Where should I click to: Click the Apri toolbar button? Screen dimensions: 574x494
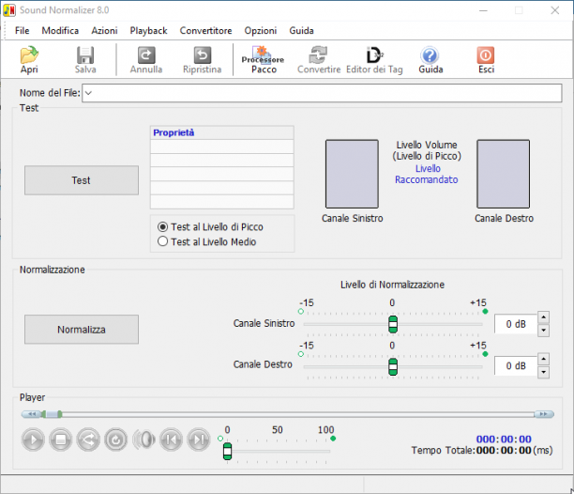pyautogui.click(x=29, y=60)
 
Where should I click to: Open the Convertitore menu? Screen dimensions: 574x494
pyautogui.click(x=205, y=31)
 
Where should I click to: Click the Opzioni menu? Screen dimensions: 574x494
pyautogui.click(x=261, y=31)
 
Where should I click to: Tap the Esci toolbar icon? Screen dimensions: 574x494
pyautogui.click(x=486, y=60)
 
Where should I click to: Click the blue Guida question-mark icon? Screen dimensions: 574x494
pyautogui.click(x=430, y=55)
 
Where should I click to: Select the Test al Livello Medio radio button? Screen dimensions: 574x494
pyautogui.click(x=162, y=241)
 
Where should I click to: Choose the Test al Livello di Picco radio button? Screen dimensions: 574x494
pyautogui.click(x=162, y=227)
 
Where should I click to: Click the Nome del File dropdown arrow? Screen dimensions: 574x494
pyautogui.click(x=88, y=93)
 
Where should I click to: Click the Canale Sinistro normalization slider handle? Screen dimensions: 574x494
pyautogui.click(x=393, y=324)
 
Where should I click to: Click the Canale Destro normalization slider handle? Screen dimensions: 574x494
pyautogui.click(x=393, y=367)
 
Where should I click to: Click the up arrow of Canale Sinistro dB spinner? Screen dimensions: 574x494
pyautogui.click(x=544, y=317)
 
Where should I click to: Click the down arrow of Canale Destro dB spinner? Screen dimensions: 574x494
pyautogui.click(x=544, y=372)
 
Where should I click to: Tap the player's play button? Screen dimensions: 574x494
pyautogui.click(x=33, y=440)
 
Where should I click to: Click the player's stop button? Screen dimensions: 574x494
pyautogui.click(x=61, y=440)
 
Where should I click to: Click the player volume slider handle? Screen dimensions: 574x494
pyautogui.click(x=227, y=451)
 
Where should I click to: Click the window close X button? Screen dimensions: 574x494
pyautogui.click(x=554, y=10)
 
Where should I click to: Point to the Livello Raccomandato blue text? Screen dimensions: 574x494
pyautogui.click(x=427, y=174)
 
